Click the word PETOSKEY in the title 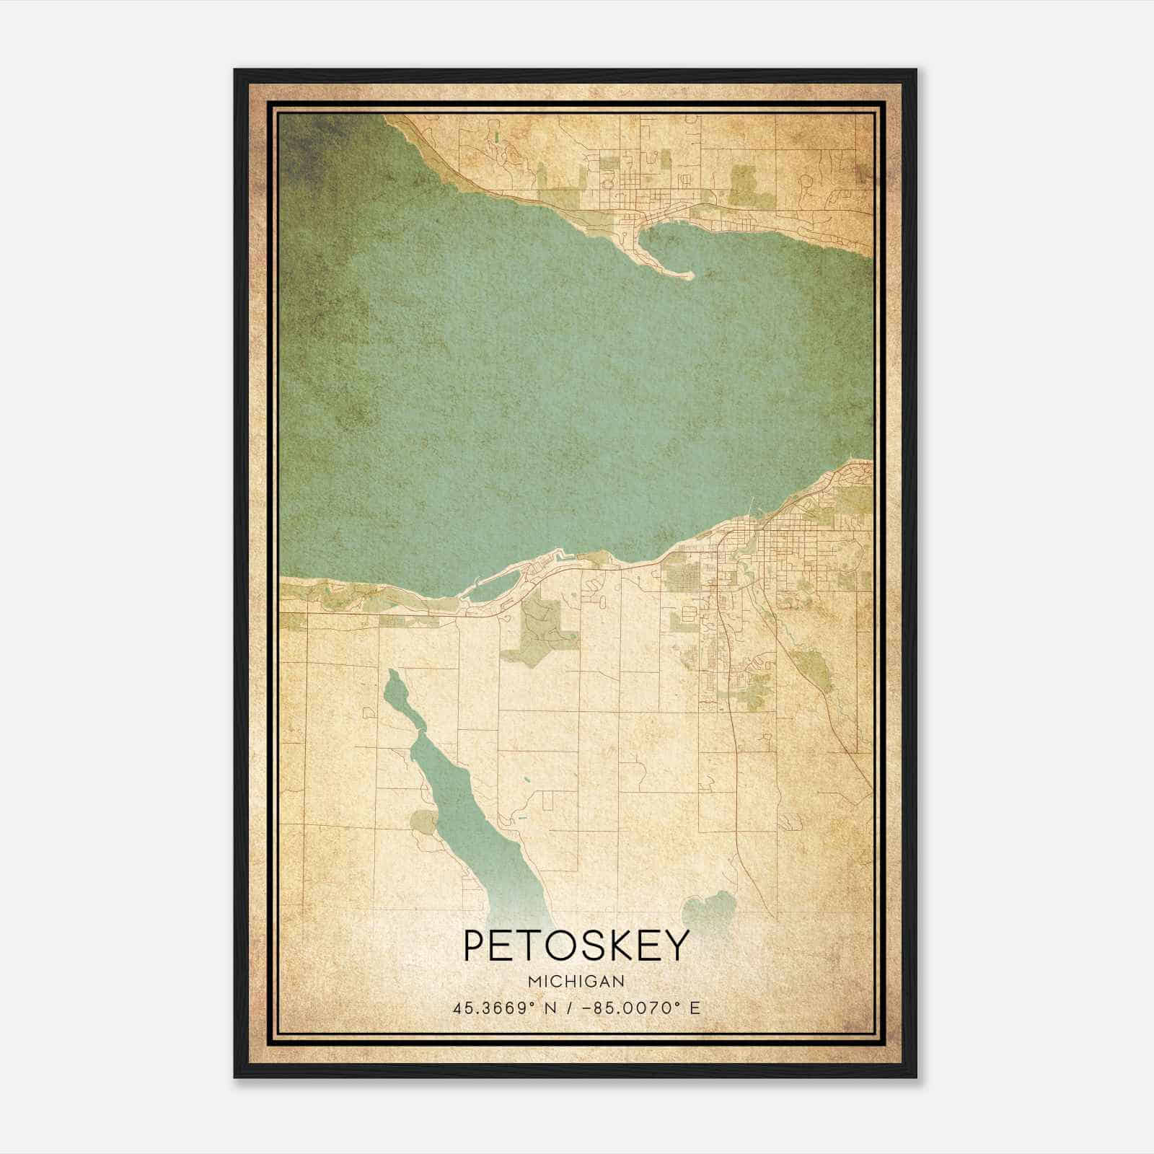(576, 946)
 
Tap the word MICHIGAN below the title (576, 982)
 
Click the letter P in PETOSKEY (477, 946)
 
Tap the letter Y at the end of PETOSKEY (675, 946)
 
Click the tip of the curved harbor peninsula (689, 275)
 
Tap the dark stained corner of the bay (303, 144)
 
